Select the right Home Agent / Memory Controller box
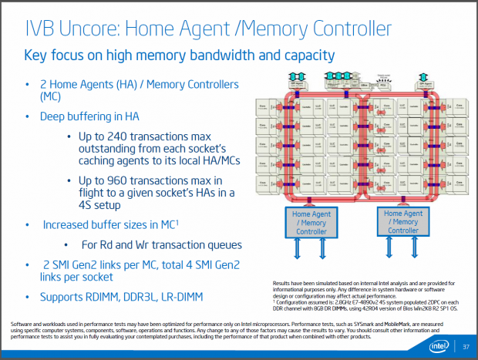coord(404,222)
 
